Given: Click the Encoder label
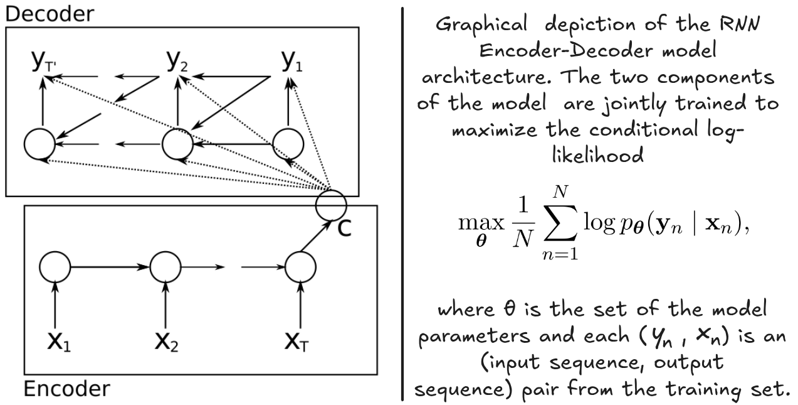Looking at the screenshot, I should click(x=66, y=389).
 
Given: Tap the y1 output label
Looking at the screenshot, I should click(x=290, y=62).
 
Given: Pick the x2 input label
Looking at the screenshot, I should click(x=166, y=342).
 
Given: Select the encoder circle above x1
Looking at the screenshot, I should click(x=55, y=267).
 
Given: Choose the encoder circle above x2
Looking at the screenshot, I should click(x=165, y=267).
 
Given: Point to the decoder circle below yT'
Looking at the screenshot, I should click(x=39, y=144).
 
